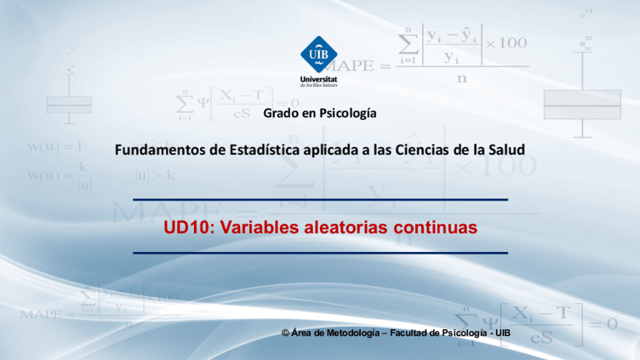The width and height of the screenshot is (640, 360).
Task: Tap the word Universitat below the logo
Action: (x=318, y=79)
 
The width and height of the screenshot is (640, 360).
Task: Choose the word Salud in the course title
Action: (x=506, y=149)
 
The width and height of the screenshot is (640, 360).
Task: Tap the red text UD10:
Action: (x=186, y=227)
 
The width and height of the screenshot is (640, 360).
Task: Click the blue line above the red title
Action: (x=320, y=200)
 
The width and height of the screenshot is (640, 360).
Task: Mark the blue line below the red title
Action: (x=320, y=253)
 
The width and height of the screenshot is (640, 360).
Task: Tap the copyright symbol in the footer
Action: (x=285, y=333)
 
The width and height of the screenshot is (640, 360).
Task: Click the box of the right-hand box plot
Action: (x=582, y=104)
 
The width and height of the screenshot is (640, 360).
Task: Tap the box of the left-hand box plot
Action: (x=69, y=104)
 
